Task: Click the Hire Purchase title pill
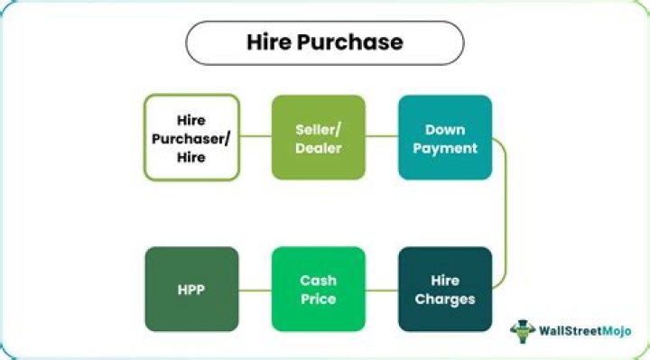click(325, 42)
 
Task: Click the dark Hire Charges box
click(445, 289)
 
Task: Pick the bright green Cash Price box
click(319, 289)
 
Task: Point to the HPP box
click(191, 289)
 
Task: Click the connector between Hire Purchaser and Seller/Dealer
click(255, 137)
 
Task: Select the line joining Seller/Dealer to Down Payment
click(382, 137)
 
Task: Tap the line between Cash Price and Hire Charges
click(382, 290)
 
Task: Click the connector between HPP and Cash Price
click(255, 290)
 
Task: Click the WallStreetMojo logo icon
click(522, 331)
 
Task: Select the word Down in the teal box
click(445, 129)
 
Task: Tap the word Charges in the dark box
click(445, 298)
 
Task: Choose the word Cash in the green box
click(319, 281)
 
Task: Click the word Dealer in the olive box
click(319, 146)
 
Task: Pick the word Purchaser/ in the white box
click(191, 137)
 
